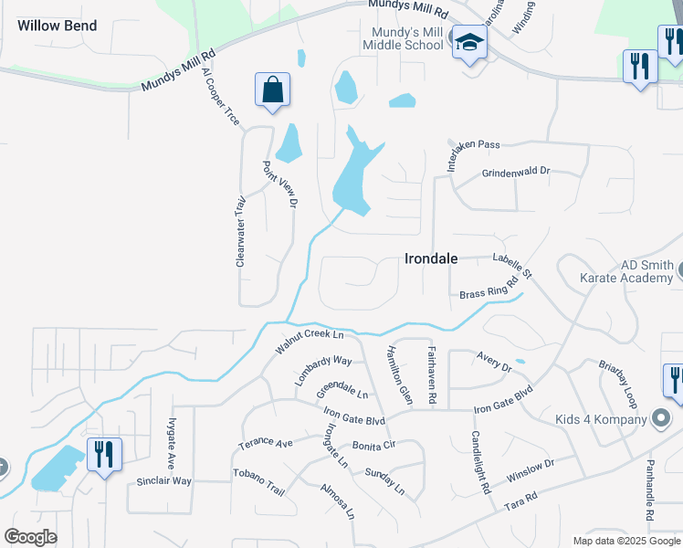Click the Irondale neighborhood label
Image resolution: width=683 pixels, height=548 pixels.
point(431,259)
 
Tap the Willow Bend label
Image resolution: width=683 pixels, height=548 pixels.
point(57,26)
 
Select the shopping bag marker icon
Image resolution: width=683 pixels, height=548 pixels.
point(273,90)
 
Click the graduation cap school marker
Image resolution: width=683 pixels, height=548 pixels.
point(470,43)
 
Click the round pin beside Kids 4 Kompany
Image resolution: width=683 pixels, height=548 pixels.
point(661,419)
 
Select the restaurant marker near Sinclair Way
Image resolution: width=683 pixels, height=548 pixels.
point(104,453)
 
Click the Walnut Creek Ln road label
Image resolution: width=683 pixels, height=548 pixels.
point(315,342)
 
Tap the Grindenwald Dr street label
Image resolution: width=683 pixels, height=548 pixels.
point(516,172)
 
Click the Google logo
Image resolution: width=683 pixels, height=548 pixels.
point(29,536)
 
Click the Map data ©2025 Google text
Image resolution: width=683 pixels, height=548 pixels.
point(626,541)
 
